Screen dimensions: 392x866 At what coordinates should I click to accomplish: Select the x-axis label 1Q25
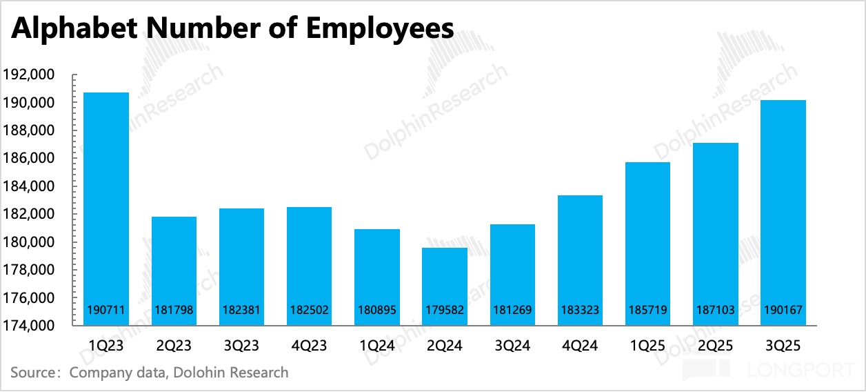647,344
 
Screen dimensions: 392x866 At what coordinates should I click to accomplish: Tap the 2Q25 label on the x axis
715,344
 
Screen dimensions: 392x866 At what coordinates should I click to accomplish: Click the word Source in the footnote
32,373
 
